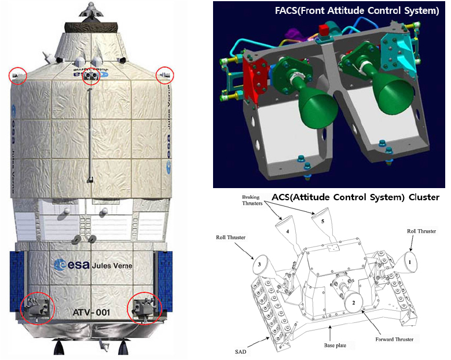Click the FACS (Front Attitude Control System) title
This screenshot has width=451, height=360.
(x=357, y=10)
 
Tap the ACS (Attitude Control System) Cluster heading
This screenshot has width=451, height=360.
(x=355, y=197)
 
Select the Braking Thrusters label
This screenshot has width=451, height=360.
(x=252, y=200)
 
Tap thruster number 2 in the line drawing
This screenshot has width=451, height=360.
(x=354, y=303)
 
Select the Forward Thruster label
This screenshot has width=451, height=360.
(x=394, y=339)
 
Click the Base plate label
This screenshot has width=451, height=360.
(x=335, y=346)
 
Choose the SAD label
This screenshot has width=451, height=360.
(x=240, y=352)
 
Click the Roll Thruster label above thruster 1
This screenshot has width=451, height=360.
(x=421, y=231)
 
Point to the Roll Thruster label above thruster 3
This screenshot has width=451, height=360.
(x=230, y=237)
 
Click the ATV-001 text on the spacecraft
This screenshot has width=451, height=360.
(x=91, y=313)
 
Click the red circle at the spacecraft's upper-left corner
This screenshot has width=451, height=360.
(x=17, y=75)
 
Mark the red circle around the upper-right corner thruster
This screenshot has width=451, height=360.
(x=165, y=75)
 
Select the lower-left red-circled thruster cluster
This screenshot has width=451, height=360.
(x=38, y=308)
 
